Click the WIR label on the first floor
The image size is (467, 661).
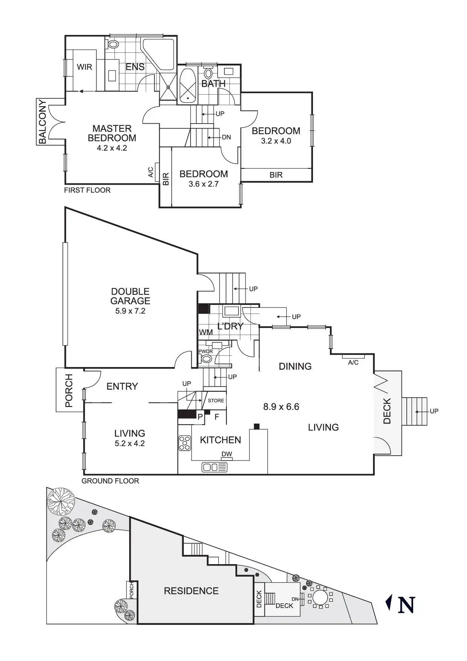(84, 67)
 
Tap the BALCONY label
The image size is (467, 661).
(43, 121)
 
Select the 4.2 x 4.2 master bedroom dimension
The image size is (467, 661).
(112, 148)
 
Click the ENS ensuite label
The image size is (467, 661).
(135, 67)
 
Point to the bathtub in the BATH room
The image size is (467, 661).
(187, 84)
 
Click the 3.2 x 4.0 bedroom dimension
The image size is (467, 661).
(276, 141)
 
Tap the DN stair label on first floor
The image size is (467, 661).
(226, 137)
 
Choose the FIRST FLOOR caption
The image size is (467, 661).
(87, 190)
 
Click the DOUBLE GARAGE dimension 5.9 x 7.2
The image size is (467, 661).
(130, 311)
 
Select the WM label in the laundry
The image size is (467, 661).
(206, 332)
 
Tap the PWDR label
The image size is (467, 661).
(206, 352)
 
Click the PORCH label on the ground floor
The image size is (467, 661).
(69, 391)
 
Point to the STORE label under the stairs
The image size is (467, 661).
(216, 401)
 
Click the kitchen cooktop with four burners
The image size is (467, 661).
(185, 443)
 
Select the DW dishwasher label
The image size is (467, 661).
(227, 454)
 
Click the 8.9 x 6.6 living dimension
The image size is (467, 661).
(281, 407)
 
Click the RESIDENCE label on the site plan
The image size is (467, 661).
(191, 591)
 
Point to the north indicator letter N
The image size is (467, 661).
(406, 605)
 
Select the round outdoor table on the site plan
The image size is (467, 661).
(320, 597)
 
